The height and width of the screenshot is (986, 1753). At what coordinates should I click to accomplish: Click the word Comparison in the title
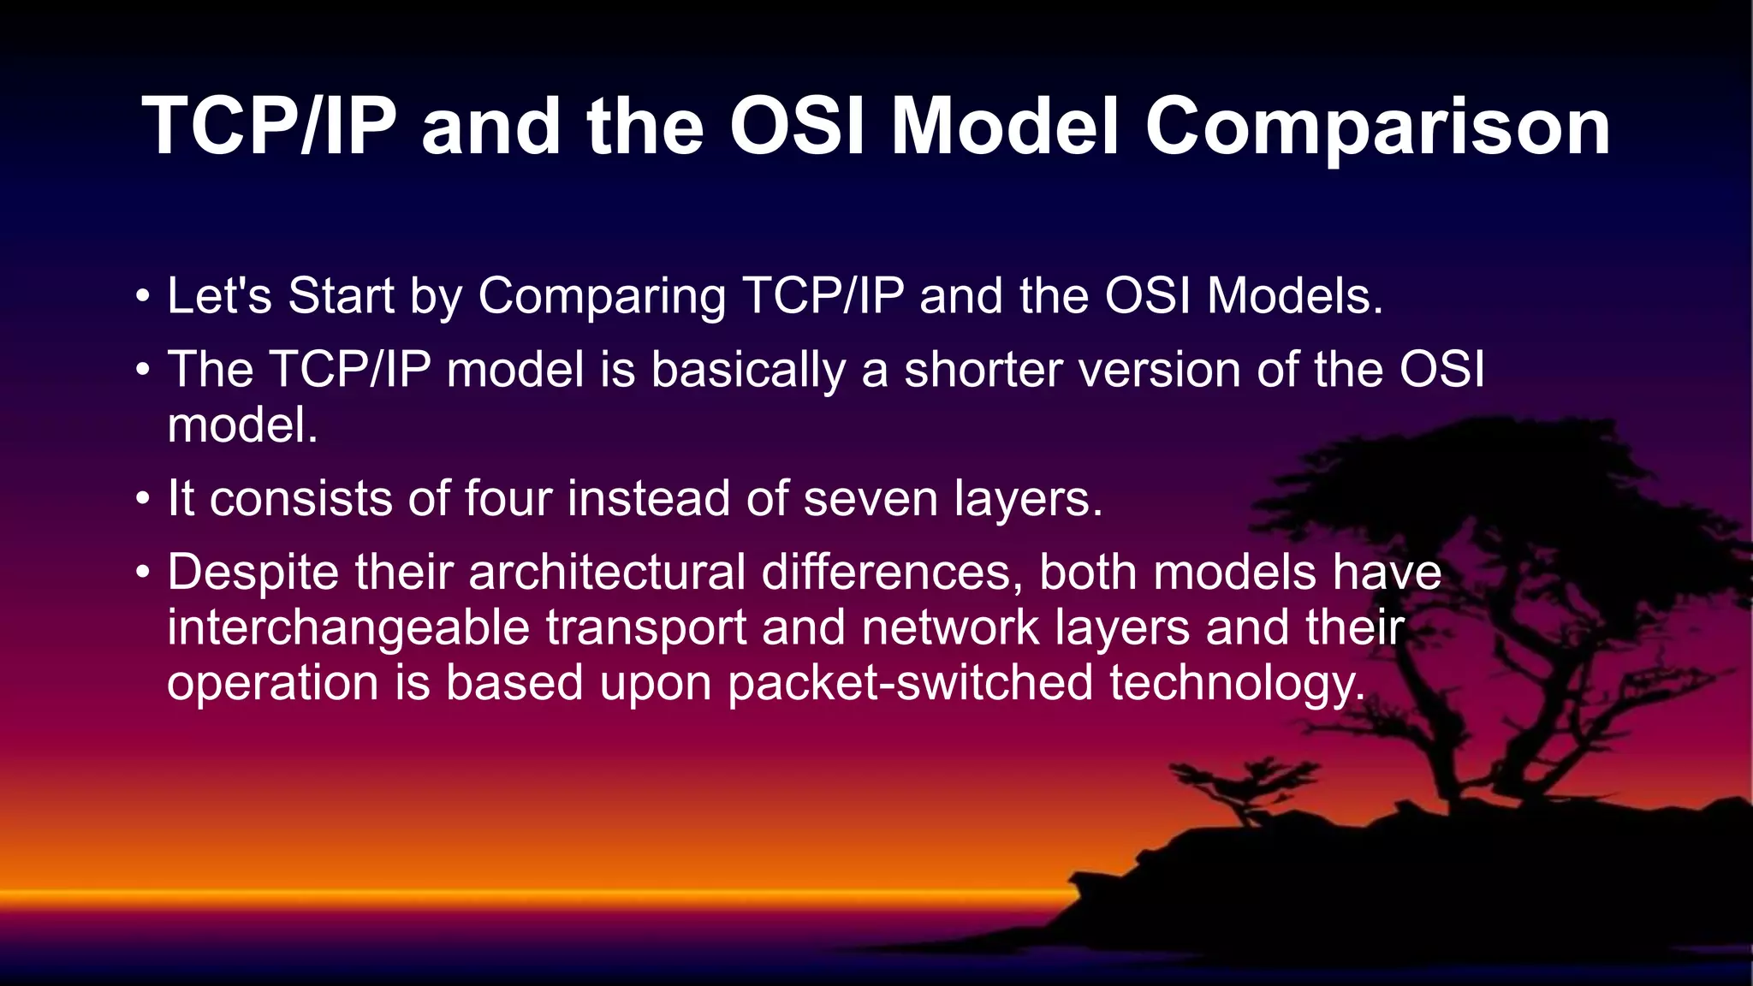pyautogui.click(x=1377, y=127)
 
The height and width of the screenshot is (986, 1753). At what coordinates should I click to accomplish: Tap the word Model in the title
pyautogui.click(x=1005, y=127)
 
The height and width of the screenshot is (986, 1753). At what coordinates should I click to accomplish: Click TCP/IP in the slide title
pyautogui.click(x=269, y=127)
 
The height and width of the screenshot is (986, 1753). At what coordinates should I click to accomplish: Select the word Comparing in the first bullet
pyautogui.click(x=602, y=298)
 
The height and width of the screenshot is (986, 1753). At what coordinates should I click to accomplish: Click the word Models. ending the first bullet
pyautogui.click(x=1294, y=296)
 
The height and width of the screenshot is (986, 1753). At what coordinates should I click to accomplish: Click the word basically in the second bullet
pyautogui.click(x=747, y=371)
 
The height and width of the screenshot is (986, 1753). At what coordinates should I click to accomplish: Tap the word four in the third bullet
pyautogui.click(x=508, y=498)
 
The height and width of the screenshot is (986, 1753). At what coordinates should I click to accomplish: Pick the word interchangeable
pyautogui.click(x=348, y=628)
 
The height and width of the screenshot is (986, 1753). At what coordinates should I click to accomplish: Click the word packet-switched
pyautogui.click(x=910, y=684)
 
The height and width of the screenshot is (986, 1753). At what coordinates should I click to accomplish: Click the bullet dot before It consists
pyautogui.click(x=142, y=500)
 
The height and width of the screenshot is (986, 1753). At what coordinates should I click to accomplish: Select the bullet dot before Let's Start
pyautogui.click(x=142, y=298)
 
